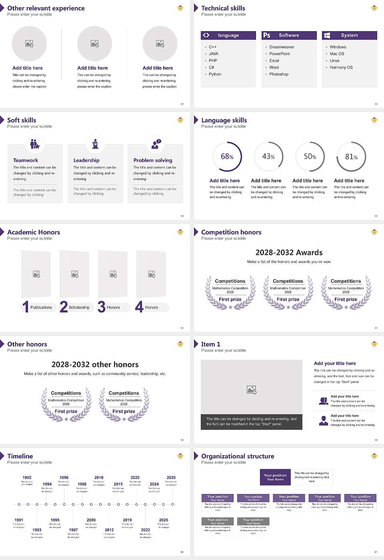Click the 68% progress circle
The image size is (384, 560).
point(227,156)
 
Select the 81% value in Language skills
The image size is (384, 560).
point(351,157)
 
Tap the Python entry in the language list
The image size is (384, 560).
point(215,74)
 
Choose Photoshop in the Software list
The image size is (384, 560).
point(278,74)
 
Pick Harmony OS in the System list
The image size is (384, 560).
point(341,68)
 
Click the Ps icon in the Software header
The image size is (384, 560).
point(267,35)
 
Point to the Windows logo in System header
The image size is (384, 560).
point(327,35)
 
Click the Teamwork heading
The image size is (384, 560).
point(26,160)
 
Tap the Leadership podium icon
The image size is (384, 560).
point(95,144)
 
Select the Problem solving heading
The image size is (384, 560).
point(153,160)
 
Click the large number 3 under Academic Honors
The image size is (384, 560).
point(102,307)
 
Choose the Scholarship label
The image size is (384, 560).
point(79,308)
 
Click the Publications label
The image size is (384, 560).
point(41,308)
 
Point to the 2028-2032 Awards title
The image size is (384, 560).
point(289,252)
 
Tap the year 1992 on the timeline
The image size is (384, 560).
point(27,478)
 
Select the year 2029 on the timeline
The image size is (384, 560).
point(171,478)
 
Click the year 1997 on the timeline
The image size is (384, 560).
point(73,530)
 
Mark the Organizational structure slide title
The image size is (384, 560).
point(238,456)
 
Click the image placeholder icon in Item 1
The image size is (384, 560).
point(252,389)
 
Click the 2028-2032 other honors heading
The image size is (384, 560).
point(95,364)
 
